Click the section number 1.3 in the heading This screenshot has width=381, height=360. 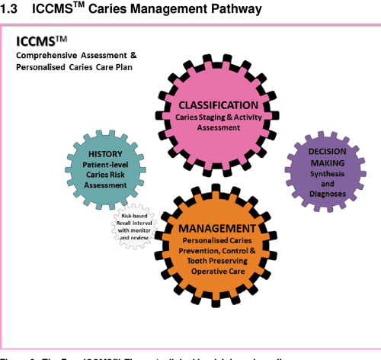pos(13,9)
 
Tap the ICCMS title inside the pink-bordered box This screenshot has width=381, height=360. pos(42,41)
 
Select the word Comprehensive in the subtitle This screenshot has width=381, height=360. pos(50,56)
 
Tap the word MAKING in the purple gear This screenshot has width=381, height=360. pos(327,162)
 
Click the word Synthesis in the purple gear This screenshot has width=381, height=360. pos(327,173)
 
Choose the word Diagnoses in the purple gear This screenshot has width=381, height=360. pos(327,194)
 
